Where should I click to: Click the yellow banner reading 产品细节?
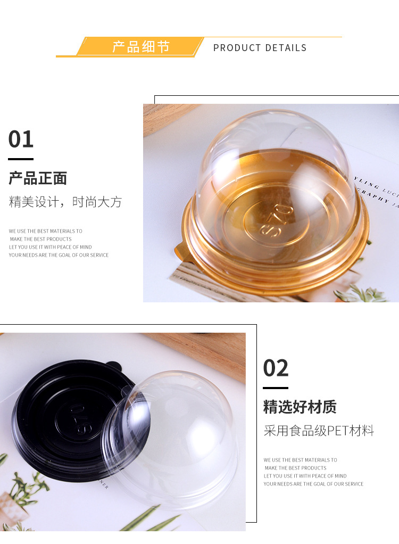point(140,47)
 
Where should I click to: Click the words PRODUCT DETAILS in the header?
point(260,48)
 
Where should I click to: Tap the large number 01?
point(21,139)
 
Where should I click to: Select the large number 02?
point(276,368)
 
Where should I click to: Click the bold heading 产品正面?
point(38,178)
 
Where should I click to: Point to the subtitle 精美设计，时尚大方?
point(65,202)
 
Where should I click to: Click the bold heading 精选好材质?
point(300,408)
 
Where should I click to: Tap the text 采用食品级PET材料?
point(319,431)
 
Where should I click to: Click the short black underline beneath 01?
point(21,159)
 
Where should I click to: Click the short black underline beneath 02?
point(276,388)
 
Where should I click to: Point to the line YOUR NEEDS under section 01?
point(59,255)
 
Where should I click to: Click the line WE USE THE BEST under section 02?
point(300,460)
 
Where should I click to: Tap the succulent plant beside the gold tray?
point(362,293)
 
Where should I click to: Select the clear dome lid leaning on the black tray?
point(170,436)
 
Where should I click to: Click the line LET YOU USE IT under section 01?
point(50,247)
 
